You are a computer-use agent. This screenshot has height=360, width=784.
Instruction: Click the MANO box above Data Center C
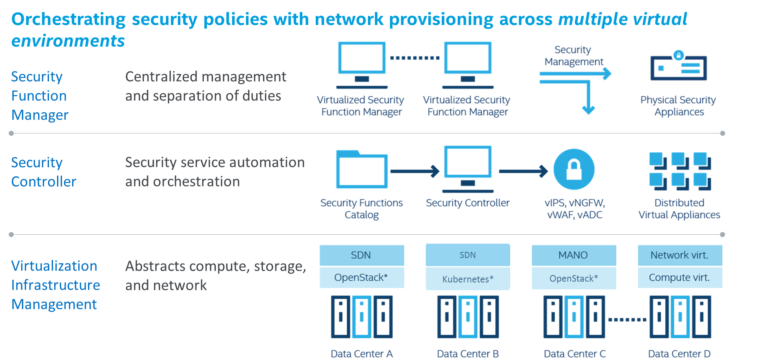[x=574, y=255]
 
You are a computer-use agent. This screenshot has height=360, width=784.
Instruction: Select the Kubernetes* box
[x=467, y=279]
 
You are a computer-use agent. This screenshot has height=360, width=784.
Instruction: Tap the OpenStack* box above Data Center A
[x=361, y=278]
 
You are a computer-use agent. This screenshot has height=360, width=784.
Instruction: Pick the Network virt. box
[x=680, y=255]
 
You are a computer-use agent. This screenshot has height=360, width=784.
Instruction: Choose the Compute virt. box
[x=680, y=278]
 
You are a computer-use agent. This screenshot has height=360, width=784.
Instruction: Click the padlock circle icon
[x=574, y=169]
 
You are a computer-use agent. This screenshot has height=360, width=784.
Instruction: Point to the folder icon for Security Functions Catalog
[x=361, y=169]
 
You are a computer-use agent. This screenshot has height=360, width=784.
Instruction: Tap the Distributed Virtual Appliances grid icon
[x=680, y=171]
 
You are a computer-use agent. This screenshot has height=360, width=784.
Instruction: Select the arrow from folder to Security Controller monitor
[x=414, y=171]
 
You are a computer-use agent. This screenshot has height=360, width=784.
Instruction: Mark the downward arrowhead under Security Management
[x=588, y=109]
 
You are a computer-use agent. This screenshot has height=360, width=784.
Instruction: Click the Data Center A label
[x=361, y=353]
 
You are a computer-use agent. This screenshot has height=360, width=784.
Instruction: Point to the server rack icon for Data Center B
[x=467, y=317]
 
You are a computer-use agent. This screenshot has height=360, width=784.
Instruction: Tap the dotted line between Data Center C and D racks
[x=627, y=320]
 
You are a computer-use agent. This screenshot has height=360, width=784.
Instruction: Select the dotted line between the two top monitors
[x=414, y=58]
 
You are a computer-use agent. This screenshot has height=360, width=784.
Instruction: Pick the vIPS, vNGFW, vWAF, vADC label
[x=574, y=209]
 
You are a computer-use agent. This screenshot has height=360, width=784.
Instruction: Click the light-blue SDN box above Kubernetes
[x=467, y=255]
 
